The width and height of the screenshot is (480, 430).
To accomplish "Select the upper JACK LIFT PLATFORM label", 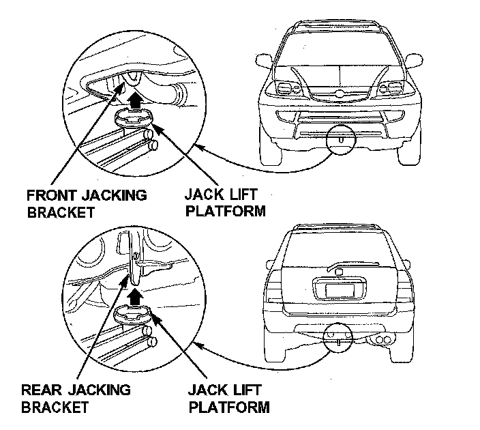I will tap(222, 203).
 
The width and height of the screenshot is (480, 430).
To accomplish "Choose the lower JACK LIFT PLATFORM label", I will tap(228, 399).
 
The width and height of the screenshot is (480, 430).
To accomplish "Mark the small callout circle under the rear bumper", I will tap(336, 338).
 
